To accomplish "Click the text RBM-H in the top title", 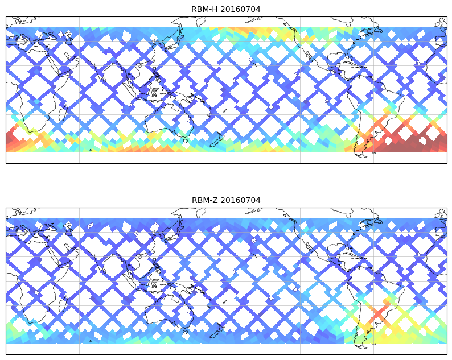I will (204, 9).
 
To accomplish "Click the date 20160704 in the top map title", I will (241, 9).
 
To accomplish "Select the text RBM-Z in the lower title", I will (204, 200).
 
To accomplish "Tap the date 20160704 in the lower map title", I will (241, 200).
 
